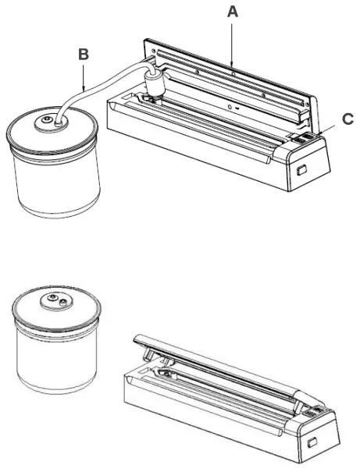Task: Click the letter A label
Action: pyautogui.click(x=232, y=12)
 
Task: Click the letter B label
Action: pyautogui.click(x=84, y=55)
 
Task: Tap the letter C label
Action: pyautogui.click(x=348, y=119)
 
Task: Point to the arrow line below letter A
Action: pyautogui.click(x=232, y=44)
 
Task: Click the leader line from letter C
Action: pyautogui.click(x=327, y=130)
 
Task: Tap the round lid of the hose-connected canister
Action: pyautogui.click(x=52, y=130)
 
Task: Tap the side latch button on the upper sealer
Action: pyautogui.click(x=301, y=171)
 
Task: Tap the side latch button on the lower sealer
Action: pyautogui.click(x=312, y=442)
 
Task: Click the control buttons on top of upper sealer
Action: pyautogui.click(x=303, y=138)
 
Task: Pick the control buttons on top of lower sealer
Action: pyautogui.click(x=313, y=412)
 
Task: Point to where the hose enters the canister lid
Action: pyautogui.click(x=59, y=122)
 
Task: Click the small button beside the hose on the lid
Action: pyautogui.click(x=46, y=120)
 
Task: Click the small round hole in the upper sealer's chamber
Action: pyautogui.click(x=230, y=107)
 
